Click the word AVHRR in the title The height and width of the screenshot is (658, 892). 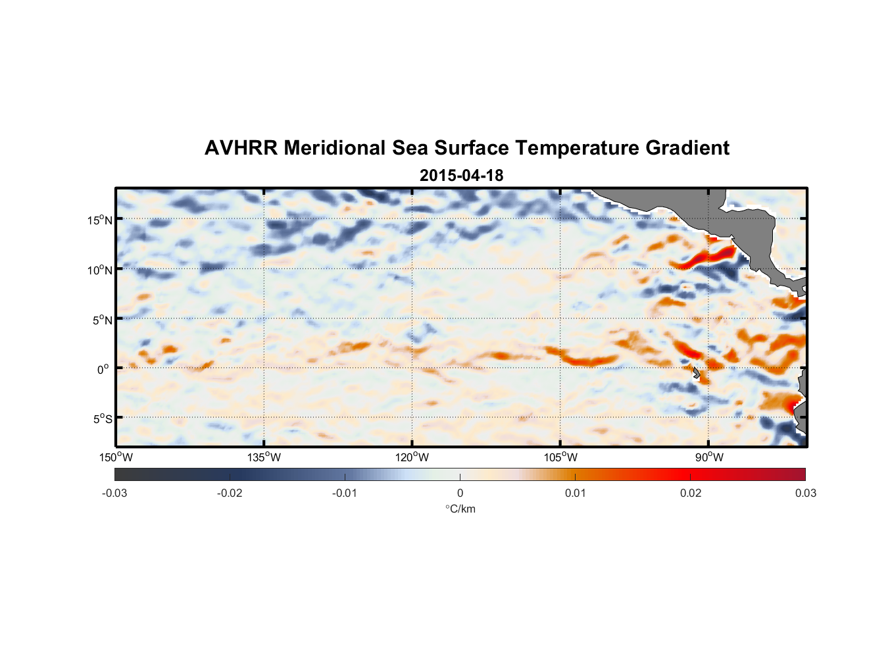(x=241, y=148)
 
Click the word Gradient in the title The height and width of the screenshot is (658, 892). (x=687, y=148)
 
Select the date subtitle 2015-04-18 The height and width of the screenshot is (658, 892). (x=461, y=176)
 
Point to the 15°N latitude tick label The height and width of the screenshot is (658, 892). (x=100, y=220)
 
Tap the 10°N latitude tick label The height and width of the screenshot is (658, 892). (x=100, y=270)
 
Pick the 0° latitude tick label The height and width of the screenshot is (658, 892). (x=103, y=369)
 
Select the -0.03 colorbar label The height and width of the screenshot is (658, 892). (x=114, y=493)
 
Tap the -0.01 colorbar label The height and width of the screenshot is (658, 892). (x=345, y=493)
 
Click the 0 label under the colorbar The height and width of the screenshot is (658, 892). (x=460, y=493)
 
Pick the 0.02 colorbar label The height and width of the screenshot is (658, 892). (x=691, y=493)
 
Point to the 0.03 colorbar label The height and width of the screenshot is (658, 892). (x=805, y=493)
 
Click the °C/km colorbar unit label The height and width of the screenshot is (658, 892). (x=460, y=509)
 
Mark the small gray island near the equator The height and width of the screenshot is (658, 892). (x=696, y=372)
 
